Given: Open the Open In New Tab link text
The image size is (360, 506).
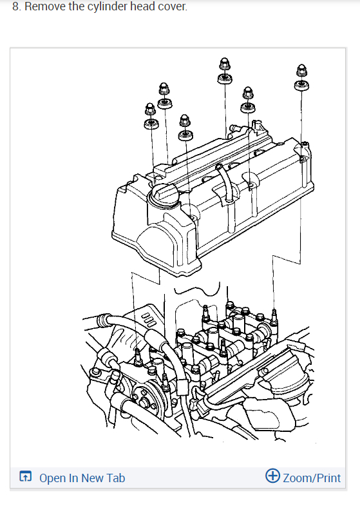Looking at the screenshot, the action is (x=82, y=478).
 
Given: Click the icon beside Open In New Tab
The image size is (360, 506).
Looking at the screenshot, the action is (x=26, y=476).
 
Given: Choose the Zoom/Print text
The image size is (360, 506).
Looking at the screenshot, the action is (x=312, y=478).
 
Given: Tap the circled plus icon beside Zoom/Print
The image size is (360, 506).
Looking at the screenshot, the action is (x=272, y=476).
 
